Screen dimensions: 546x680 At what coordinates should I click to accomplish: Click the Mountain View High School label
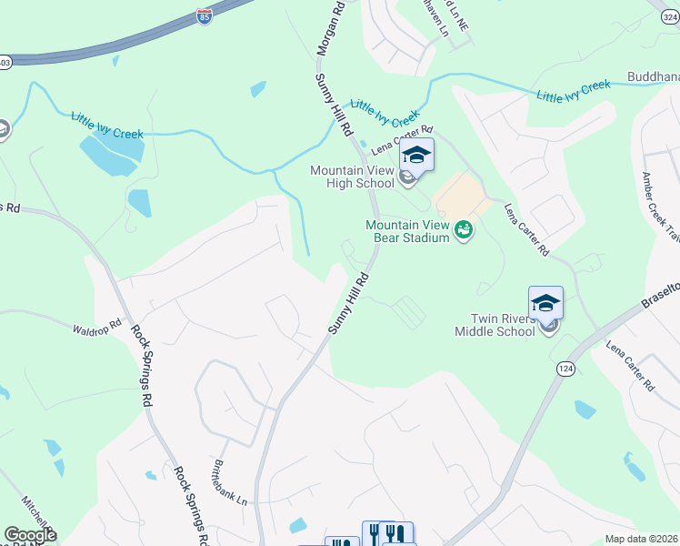(x=352, y=177)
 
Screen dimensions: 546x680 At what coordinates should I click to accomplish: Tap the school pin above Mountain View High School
(x=415, y=155)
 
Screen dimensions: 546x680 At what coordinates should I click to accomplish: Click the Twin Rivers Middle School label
(x=503, y=325)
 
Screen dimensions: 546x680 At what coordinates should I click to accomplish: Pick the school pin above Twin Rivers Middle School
(x=545, y=303)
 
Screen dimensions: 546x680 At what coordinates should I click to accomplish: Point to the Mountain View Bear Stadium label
(x=408, y=231)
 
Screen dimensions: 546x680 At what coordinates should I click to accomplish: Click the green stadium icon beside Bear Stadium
(x=464, y=230)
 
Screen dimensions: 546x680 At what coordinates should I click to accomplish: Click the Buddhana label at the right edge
(x=653, y=77)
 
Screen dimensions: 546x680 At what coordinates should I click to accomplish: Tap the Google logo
(x=30, y=535)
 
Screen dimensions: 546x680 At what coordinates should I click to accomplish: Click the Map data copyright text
(x=640, y=539)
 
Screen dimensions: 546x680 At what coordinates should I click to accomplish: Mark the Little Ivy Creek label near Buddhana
(x=573, y=91)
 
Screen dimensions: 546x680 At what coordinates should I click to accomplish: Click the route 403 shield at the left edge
(x=5, y=62)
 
